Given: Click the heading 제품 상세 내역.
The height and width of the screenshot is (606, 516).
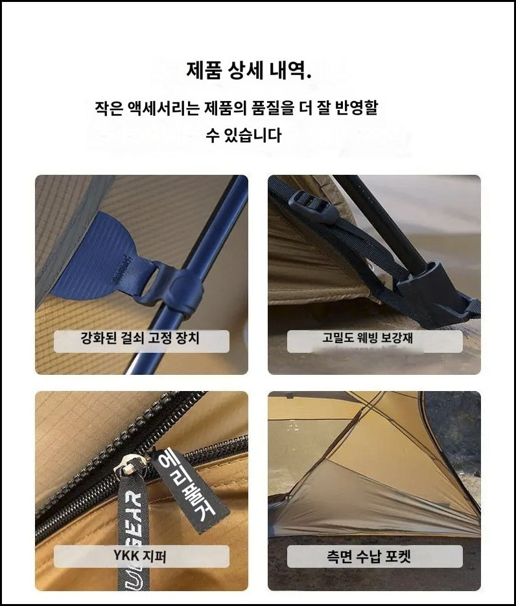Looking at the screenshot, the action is point(248,70).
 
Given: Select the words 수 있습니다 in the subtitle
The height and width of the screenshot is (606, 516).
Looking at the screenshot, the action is point(243,135).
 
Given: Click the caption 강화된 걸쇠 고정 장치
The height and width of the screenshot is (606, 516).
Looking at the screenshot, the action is point(140,338).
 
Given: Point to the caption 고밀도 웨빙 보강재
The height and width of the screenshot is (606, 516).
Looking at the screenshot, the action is point(368,338).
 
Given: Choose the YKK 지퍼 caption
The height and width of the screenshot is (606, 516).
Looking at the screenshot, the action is point(140,556).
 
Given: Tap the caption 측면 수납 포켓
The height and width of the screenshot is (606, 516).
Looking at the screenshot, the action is point(368,557).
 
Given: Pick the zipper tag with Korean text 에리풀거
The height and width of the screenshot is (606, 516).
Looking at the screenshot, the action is point(189,489).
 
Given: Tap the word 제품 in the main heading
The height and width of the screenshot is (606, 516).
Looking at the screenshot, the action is point(204,70).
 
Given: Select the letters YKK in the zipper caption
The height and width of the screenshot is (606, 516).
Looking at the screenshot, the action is point(126,556).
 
